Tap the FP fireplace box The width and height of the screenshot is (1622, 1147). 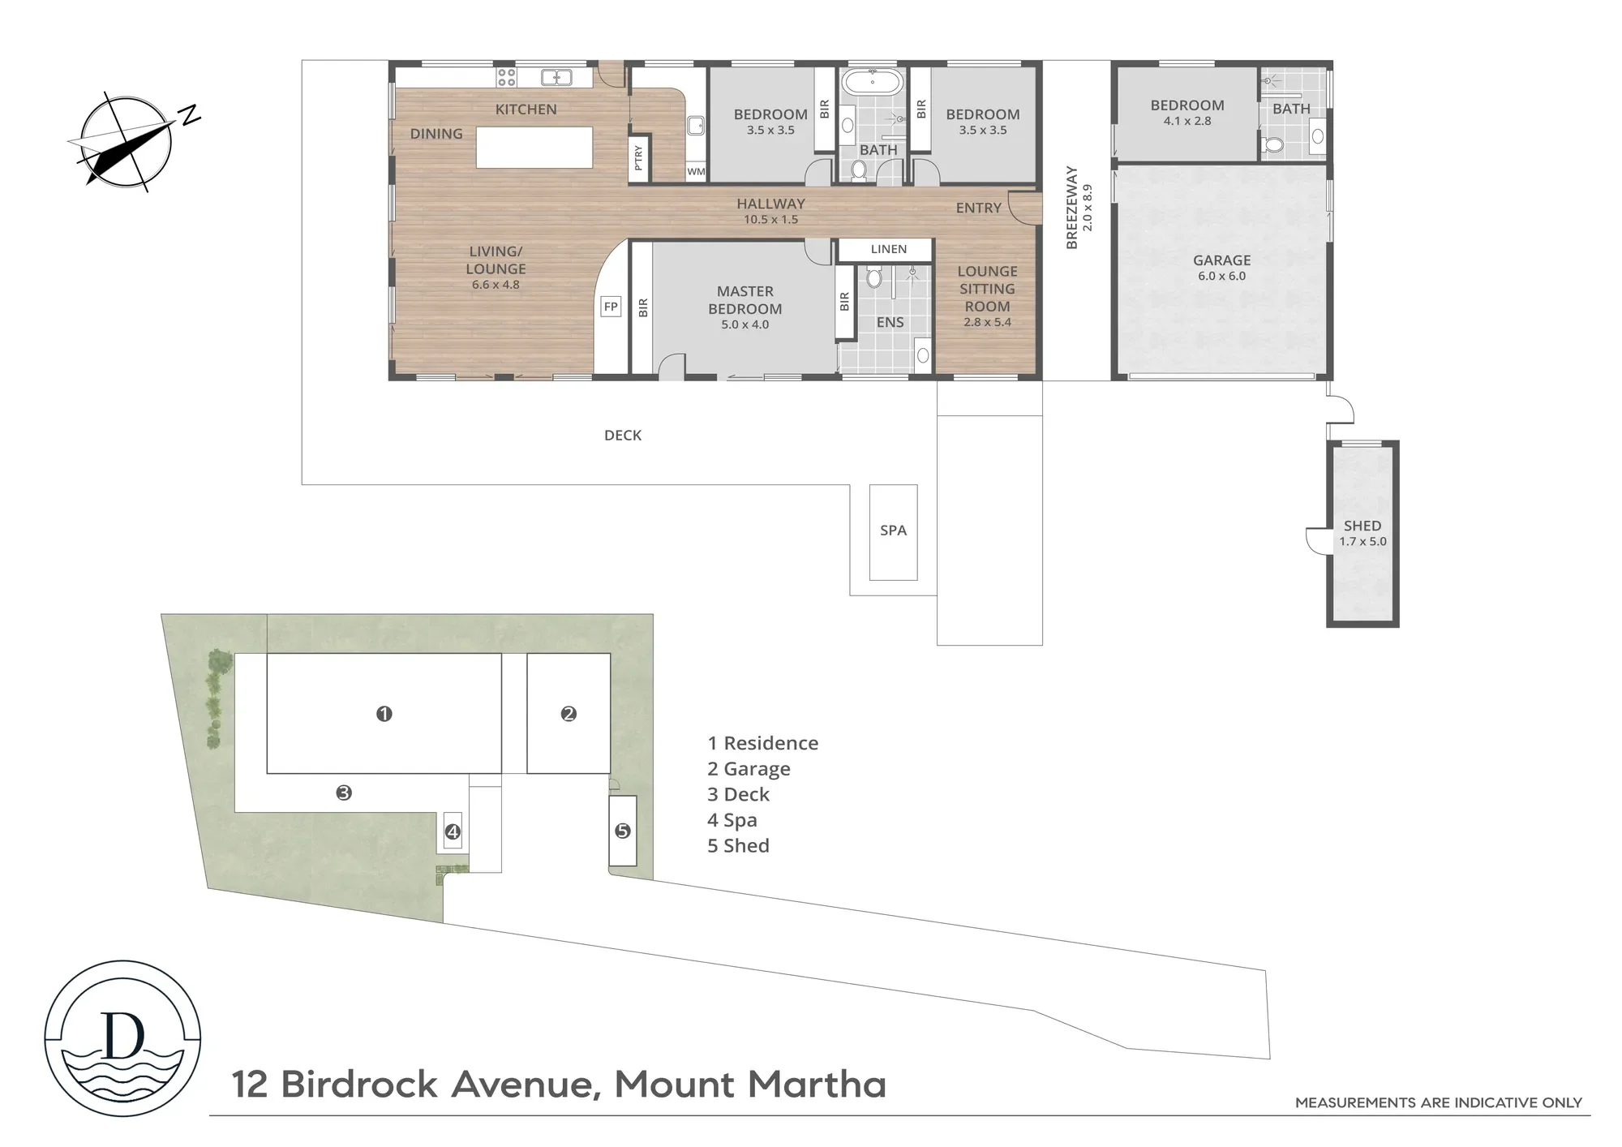click(611, 307)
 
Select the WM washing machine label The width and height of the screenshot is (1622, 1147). click(696, 171)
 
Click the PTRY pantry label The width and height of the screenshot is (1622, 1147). click(638, 157)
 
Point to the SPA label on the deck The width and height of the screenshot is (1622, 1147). click(893, 531)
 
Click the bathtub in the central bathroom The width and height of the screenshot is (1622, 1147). click(873, 83)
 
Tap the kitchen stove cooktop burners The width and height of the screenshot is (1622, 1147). click(507, 77)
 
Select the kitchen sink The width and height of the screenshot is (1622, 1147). click(557, 77)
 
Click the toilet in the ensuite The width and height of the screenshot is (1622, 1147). click(873, 277)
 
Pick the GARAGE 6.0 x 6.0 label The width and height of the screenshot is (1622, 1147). click(1221, 268)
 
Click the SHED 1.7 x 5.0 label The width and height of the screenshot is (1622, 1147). click(1362, 533)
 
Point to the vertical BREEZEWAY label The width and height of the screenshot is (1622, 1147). click(1072, 208)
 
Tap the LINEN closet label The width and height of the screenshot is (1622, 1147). click(889, 249)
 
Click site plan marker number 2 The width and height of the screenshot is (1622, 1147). click(569, 714)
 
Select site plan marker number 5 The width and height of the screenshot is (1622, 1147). click(623, 831)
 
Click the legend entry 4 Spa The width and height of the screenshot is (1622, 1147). click(732, 820)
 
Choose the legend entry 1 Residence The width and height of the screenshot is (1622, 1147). click(762, 743)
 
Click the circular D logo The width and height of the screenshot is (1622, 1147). click(122, 1038)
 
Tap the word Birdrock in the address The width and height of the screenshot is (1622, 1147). click(359, 1085)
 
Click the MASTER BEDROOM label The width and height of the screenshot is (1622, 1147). click(745, 300)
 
